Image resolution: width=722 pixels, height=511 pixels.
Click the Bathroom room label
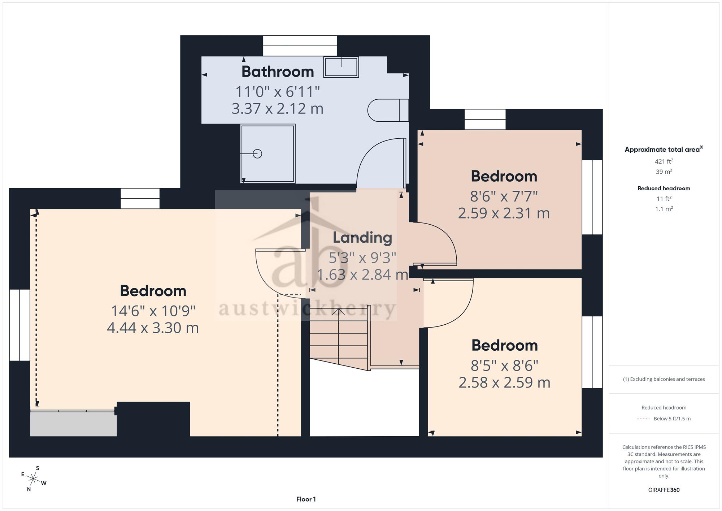pos(278,72)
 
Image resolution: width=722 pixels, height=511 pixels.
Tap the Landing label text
pos(362,238)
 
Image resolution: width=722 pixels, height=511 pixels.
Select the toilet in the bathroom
pos(388,110)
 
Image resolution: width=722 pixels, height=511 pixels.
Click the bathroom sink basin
pos(341,67)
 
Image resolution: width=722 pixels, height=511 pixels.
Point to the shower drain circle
pos(257,154)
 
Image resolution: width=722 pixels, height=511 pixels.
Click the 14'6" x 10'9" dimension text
pos(153,311)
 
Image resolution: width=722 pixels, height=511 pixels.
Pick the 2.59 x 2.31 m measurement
pos(504,213)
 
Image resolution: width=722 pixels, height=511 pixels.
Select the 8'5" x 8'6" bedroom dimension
pos(505,366)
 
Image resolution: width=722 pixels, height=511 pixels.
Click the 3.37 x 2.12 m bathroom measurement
pos(277,108)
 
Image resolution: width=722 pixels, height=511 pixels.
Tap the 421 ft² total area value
pos(664,161)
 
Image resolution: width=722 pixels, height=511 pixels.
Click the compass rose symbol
pos(34,479)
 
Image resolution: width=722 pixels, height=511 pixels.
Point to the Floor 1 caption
pos(306,499)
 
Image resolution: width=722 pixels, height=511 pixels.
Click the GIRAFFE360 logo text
pos(664,490)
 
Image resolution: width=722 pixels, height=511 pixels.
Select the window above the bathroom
pos(300,46)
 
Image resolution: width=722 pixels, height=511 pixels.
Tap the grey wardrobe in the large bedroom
pos(73,424)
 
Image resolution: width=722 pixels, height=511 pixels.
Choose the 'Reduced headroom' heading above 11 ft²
pos(664,188)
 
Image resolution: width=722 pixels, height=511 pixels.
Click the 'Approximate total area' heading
pos(664,150)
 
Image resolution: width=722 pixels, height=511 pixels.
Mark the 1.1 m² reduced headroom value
pos(664,209)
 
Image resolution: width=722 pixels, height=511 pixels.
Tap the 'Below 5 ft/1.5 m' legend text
pos(672,419)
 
